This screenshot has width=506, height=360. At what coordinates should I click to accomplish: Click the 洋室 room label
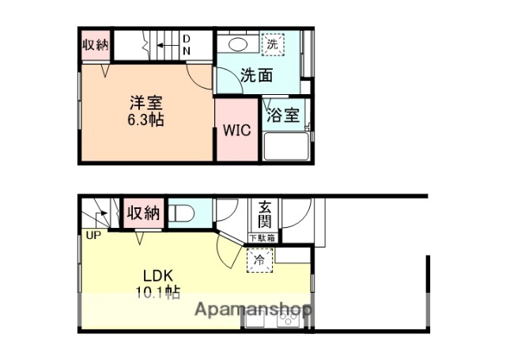pos(146,103)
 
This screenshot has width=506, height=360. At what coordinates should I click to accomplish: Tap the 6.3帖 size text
pos(146,121)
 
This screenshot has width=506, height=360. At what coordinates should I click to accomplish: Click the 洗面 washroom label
pos(256,77)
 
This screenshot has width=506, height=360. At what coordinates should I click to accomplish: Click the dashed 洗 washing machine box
pos(272,45)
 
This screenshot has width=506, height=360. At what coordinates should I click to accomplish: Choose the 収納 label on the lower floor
pos(143,213)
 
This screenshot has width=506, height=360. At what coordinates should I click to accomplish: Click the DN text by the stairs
pos(187,45)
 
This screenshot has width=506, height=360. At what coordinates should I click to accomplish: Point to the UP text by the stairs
pos(93,235)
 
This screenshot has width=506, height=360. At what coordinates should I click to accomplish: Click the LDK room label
pos(158,276)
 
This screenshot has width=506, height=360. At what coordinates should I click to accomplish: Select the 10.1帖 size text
pos(158,293)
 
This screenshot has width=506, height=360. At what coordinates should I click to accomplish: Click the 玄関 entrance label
pos(263,216)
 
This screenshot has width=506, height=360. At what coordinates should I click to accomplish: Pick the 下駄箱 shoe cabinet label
pos(263,237)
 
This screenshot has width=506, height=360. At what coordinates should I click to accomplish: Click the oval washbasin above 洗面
pos(234,44)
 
